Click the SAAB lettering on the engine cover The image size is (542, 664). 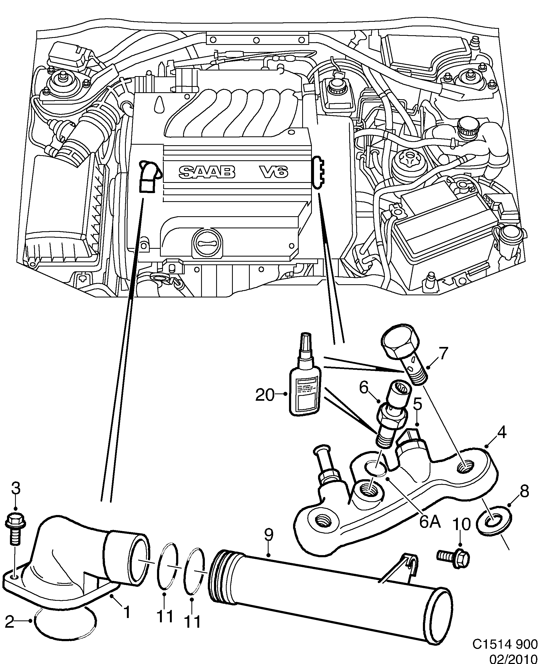click(207, 172)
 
